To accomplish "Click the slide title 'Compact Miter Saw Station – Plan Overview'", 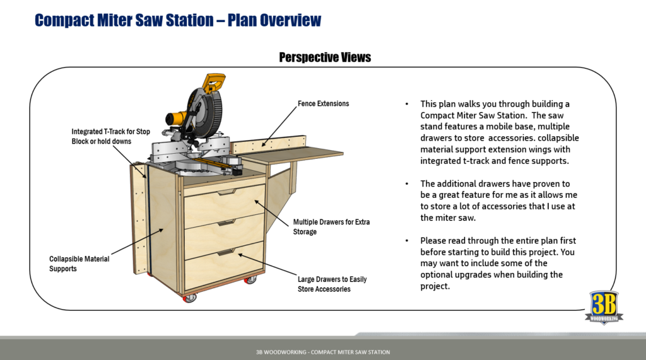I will point(178,20).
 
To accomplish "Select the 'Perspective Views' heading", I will point(325,57).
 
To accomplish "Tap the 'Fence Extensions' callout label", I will point(323,103).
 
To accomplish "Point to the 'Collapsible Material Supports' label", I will point(79,264).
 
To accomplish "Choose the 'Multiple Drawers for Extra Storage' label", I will point(331,227).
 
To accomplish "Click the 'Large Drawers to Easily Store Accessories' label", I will point(332,284).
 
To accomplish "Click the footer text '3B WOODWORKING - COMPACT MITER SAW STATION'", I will point(322,352).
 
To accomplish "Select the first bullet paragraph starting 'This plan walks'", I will point(499,132).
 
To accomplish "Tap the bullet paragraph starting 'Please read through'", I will point(499,263).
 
